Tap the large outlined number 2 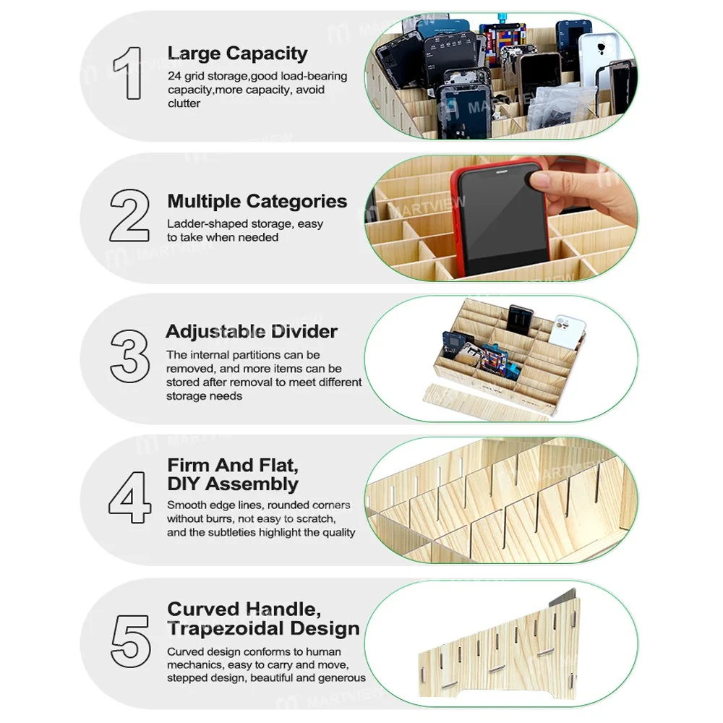129,215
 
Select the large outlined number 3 129,356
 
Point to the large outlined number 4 129,497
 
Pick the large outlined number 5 130,641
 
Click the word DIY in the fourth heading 184,484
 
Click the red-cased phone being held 500,220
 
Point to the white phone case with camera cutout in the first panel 599,58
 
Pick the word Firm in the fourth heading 188,465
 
